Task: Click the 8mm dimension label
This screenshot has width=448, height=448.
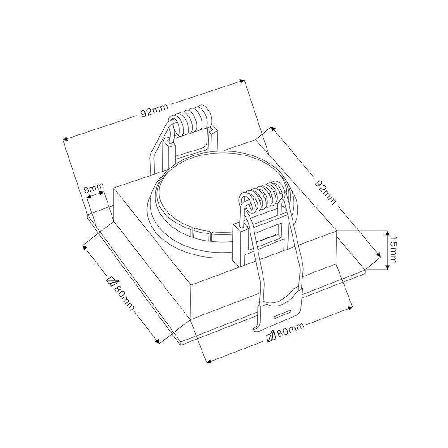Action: [x=94, y=187]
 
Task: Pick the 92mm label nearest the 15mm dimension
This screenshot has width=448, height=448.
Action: [x=325, y=192]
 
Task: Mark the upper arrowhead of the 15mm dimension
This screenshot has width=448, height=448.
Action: [x=387, y=233]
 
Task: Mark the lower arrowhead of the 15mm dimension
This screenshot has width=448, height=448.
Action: [x=387, y=267]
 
